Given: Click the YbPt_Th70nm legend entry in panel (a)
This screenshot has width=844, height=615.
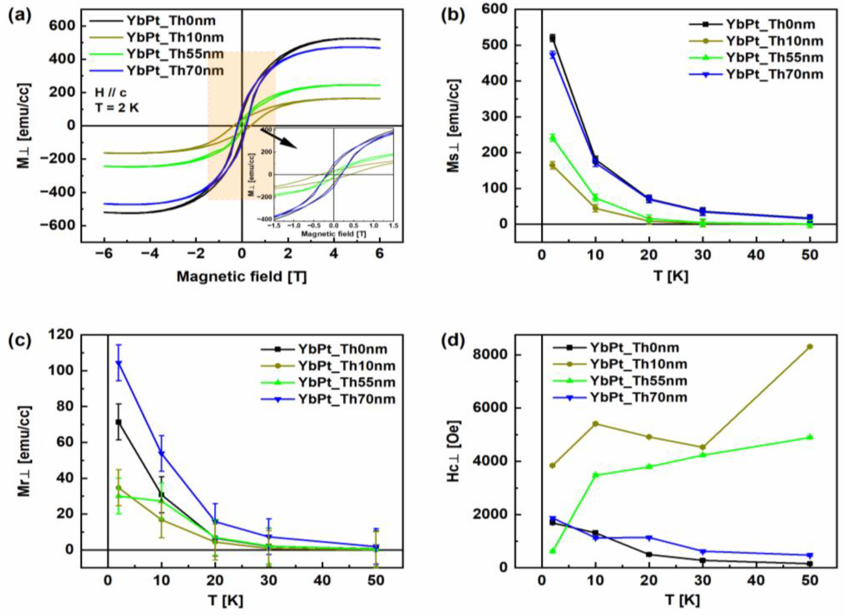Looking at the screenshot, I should tap(175, 70).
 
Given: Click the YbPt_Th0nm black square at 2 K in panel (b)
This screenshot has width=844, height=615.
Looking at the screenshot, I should tap(552, 38).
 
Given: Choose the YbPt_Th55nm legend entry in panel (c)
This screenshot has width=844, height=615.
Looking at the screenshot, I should tap(346, 382).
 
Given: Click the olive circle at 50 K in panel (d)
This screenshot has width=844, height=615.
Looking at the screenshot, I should tap(809, 346).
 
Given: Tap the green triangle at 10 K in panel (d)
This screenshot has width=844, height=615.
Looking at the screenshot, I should tap(595, 474).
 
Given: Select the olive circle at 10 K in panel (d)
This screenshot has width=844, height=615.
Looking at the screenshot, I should tap(595, 423).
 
